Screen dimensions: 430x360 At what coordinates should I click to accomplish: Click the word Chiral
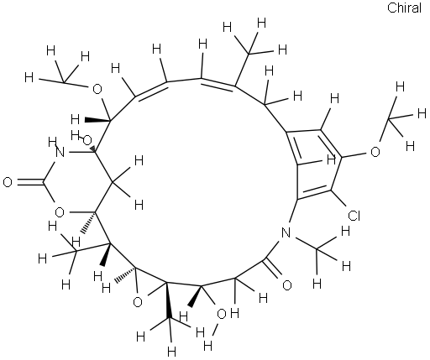point(404,8)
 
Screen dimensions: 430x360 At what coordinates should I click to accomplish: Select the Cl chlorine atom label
point(354,216)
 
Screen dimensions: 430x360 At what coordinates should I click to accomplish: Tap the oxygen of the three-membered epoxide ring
point(138,302)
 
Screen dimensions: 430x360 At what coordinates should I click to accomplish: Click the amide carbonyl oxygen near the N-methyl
point(286,285)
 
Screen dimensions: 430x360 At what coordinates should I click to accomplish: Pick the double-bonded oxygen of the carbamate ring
point(8,182)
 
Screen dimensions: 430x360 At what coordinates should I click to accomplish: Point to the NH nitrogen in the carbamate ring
point(60,153)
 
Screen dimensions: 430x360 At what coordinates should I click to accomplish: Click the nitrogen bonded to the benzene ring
point(286,232)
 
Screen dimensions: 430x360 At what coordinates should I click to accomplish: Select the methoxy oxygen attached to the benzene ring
point(375,152)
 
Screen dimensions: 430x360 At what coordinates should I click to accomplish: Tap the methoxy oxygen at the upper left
point(97,90)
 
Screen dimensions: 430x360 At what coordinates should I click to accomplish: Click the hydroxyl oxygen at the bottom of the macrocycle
point(222,314)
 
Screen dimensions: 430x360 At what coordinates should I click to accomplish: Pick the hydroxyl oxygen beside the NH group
point(87,140)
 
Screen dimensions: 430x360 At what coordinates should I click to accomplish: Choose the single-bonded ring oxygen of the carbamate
point(60,212)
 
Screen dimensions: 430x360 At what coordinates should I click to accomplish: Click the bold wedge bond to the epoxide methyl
point(168,300)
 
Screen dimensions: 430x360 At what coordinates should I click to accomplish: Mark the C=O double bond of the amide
point(271,269)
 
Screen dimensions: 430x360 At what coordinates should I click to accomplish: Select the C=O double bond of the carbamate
point(29,182)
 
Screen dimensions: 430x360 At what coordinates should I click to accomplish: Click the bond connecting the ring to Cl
point(339,199)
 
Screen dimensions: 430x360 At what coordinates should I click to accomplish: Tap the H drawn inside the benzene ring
point(332,160)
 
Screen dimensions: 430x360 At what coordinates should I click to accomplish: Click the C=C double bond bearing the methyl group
point(218,83)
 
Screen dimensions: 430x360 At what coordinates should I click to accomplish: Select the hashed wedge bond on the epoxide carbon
point(126,274)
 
